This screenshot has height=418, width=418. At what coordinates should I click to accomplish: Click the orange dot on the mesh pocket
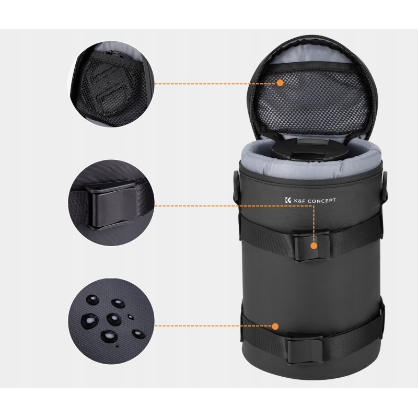click(x=280, y=83)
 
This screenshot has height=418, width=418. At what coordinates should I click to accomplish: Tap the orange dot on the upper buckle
click(x=314, y=246)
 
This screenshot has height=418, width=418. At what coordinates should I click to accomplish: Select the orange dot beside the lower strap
click(x=275, y=326)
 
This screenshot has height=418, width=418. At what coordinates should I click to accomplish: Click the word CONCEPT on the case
click(x=321, y=201)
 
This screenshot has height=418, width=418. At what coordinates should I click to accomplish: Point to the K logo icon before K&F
click(x=288, y=200)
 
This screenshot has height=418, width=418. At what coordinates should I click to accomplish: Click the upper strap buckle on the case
click(x=311, y=245)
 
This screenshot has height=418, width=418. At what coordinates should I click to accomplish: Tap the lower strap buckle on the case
click(x=305, y=350)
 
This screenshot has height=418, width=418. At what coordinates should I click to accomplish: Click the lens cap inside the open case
click(x=310, y=150)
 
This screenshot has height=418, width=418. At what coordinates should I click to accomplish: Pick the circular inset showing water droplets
click(x=111, y=321)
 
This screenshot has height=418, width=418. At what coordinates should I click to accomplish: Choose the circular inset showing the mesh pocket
click(x=111, y=84)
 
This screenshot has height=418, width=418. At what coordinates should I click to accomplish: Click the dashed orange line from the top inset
click(x=215, y=84)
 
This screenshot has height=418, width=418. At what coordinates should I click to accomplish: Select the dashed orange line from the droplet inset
click(x=213, y=326)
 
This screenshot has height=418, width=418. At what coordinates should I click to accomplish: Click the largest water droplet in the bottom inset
click(x=89, y=321)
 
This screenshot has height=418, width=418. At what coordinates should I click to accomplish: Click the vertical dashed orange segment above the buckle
click(x=314, y=224)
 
